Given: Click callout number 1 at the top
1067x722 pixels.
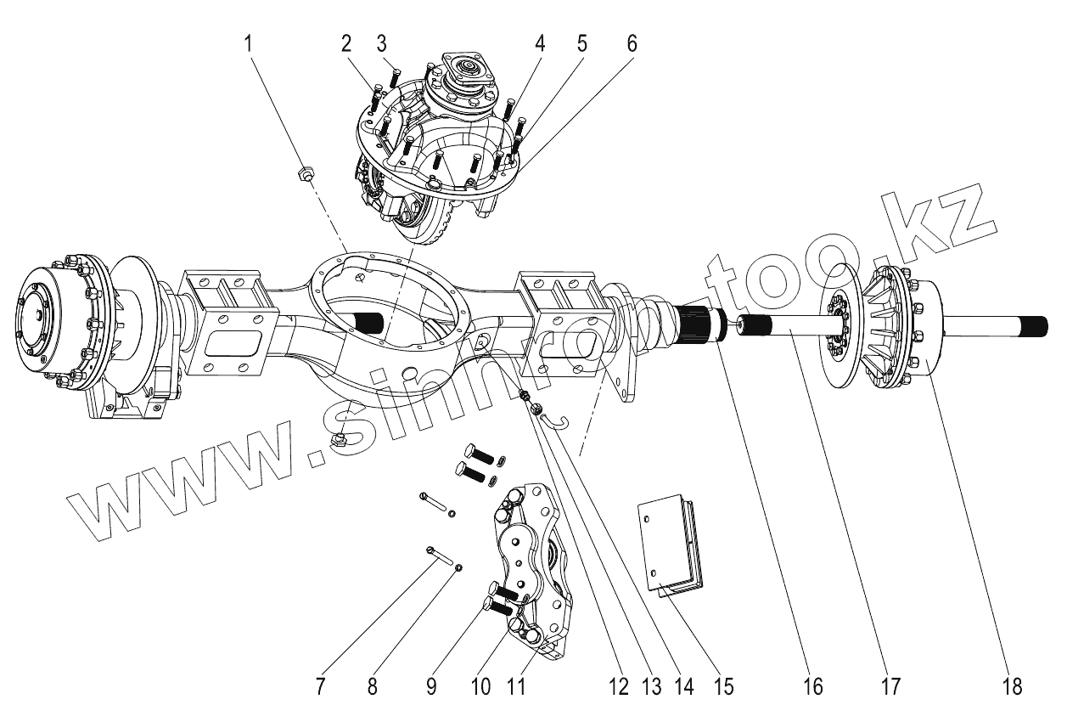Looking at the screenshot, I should pos(250,42).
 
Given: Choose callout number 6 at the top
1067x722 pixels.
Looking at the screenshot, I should pos(632,42).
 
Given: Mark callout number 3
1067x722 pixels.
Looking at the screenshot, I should pos(382,42).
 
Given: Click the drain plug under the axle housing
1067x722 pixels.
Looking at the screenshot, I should pos(339,438).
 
